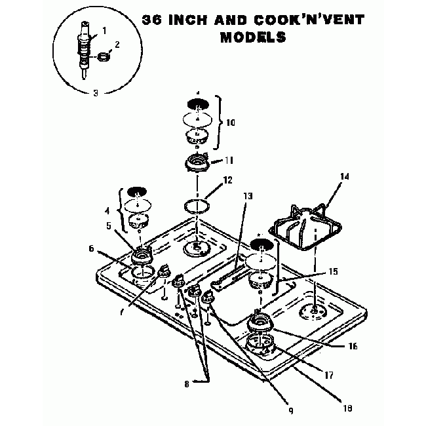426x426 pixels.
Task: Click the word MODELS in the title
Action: coord(253,37)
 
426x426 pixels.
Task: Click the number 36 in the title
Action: coord(152,20)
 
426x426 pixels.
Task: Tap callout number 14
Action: coord(344,176)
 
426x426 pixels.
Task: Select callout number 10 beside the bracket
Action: coord(231,123)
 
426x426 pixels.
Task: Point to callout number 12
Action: coord(227,180)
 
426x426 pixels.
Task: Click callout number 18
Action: coord(347,408)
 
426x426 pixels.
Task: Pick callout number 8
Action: coord(186,384)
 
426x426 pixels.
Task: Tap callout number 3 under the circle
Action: coord(96,93)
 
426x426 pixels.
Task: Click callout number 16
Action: coord(353,346)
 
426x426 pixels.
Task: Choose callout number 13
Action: coord(248,196)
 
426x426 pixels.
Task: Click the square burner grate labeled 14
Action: coord(305,227)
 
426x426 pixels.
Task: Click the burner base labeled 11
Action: coord(197,163)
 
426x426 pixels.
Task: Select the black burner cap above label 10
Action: coord(198,104)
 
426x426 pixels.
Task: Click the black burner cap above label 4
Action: coord(137,191)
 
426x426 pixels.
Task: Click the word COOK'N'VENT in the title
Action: coord(309,20)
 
